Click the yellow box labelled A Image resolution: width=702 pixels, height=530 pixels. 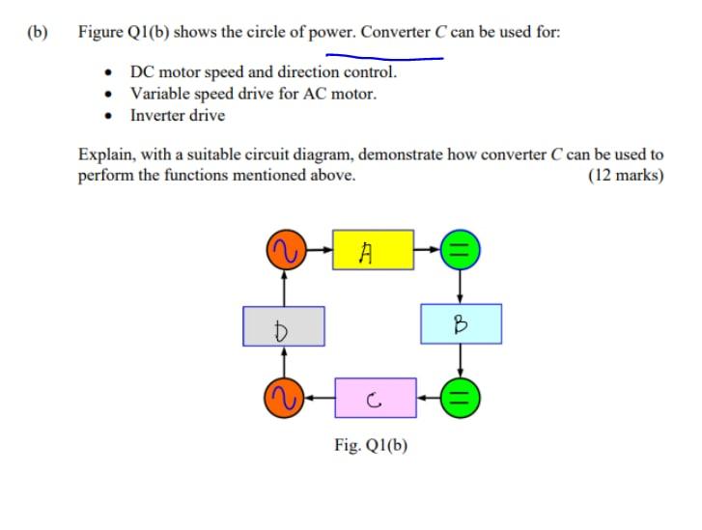pos(373,251)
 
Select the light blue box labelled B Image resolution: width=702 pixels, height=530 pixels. pos(461,324)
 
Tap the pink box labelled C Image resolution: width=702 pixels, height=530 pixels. pos(375,398)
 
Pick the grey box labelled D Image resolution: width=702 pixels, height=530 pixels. pos(283,326)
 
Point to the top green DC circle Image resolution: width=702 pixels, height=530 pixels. pos(461,251)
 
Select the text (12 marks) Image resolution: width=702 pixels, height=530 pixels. pos(625,176)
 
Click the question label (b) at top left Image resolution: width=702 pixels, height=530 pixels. pos(38,32)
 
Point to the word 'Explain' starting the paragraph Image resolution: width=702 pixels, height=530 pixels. pos(104,154)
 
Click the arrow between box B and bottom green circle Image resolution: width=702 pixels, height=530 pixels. pos(461,362)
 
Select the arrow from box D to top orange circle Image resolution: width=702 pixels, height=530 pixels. pos(283,287)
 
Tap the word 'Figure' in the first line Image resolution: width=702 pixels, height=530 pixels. pos(100,32)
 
